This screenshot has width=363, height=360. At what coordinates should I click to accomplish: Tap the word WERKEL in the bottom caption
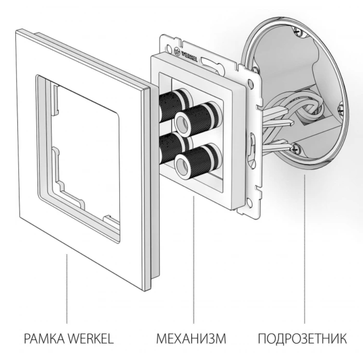(x=91, y=338)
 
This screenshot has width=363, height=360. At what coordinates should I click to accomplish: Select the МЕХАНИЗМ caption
(x=191, y=338)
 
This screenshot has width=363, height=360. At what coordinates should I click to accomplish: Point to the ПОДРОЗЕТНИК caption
(x=303, y=338)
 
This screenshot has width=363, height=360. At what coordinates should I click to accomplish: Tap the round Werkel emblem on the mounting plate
(x=176, y=51)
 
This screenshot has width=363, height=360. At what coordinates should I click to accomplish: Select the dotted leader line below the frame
(x=67, y=289)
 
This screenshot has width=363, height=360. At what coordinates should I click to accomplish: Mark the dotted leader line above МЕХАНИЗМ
(x=194, y=260)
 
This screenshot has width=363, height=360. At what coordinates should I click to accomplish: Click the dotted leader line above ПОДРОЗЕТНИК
(x=304, y=249)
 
